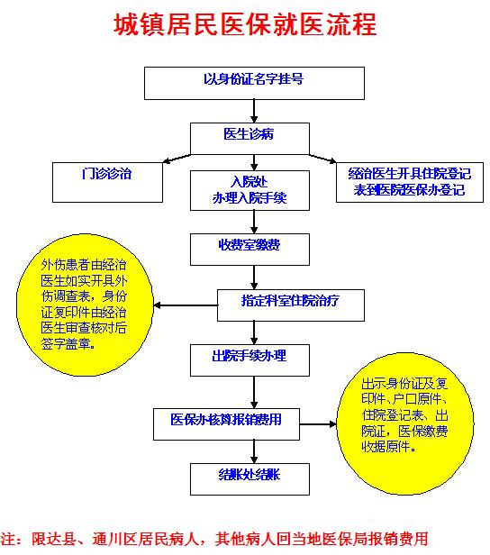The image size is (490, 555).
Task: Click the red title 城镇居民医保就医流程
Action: (245, 24)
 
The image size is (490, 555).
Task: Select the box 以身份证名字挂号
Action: (254, 83)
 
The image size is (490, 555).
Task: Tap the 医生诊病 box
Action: (250, 139)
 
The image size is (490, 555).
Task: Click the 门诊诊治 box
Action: (107, 182)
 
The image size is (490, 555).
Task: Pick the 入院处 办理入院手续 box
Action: (250, 190)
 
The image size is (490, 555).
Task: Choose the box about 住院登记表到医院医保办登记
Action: (409, 182)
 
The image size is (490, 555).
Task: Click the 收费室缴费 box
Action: (250, 250)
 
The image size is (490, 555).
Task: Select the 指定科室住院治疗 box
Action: (291, 305)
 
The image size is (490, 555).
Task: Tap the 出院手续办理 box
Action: (250, 360)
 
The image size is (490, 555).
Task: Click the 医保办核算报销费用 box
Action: (226, 424)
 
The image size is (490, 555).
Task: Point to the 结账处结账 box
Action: (250, 479)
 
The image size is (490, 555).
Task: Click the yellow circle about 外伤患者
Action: (85, 305)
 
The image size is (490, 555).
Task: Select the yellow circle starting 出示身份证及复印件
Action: (404, 423)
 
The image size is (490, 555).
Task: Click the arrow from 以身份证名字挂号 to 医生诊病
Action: (254, 111)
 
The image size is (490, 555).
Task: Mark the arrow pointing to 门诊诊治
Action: (177, 159)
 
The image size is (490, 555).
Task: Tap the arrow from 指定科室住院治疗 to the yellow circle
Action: (186, 305)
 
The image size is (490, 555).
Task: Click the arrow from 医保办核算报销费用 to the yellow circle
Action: (318, 424)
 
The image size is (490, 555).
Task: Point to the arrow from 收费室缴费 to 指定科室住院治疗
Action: (254, 277)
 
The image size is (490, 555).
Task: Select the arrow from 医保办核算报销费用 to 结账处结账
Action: (254, 452)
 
